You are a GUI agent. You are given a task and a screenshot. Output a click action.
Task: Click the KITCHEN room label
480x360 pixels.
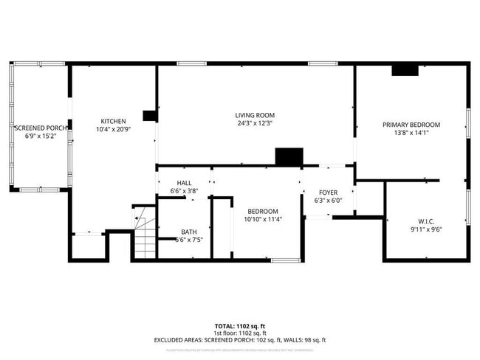point(114,121)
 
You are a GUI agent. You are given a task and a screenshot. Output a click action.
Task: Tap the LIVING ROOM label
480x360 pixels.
point(255,115)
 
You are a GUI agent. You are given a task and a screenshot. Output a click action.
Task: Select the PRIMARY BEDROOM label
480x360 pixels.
point(411,125)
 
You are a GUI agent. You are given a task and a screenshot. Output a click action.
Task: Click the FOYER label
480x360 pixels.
point(328,192)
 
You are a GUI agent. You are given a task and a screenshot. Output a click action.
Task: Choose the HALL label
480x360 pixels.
point(184,183)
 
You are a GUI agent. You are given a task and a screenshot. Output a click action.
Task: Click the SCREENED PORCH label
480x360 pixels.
point(41,128)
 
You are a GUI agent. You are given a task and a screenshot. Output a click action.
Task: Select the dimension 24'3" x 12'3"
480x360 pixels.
point(255,123)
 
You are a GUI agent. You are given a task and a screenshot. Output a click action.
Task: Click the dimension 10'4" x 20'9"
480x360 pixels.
point(114,129)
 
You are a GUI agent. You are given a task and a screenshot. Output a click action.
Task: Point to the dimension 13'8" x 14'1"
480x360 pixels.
point(411,133)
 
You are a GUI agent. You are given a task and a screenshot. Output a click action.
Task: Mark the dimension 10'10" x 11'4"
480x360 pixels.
point(263,218)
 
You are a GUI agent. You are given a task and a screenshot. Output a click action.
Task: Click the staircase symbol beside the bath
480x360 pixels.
point(145,235)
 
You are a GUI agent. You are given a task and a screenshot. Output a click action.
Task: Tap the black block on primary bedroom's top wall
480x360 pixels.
point(405,70)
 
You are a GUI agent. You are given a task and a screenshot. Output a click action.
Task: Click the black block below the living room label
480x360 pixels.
point(289,156)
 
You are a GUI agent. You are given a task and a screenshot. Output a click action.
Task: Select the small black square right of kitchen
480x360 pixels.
point(150,115)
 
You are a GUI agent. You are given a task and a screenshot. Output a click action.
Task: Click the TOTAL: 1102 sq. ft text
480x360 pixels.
point(239,325)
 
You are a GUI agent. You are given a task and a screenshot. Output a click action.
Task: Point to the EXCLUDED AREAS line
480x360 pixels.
point(239,340)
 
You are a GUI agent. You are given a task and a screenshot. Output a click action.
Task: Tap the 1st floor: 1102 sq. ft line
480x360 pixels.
point(239,333)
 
